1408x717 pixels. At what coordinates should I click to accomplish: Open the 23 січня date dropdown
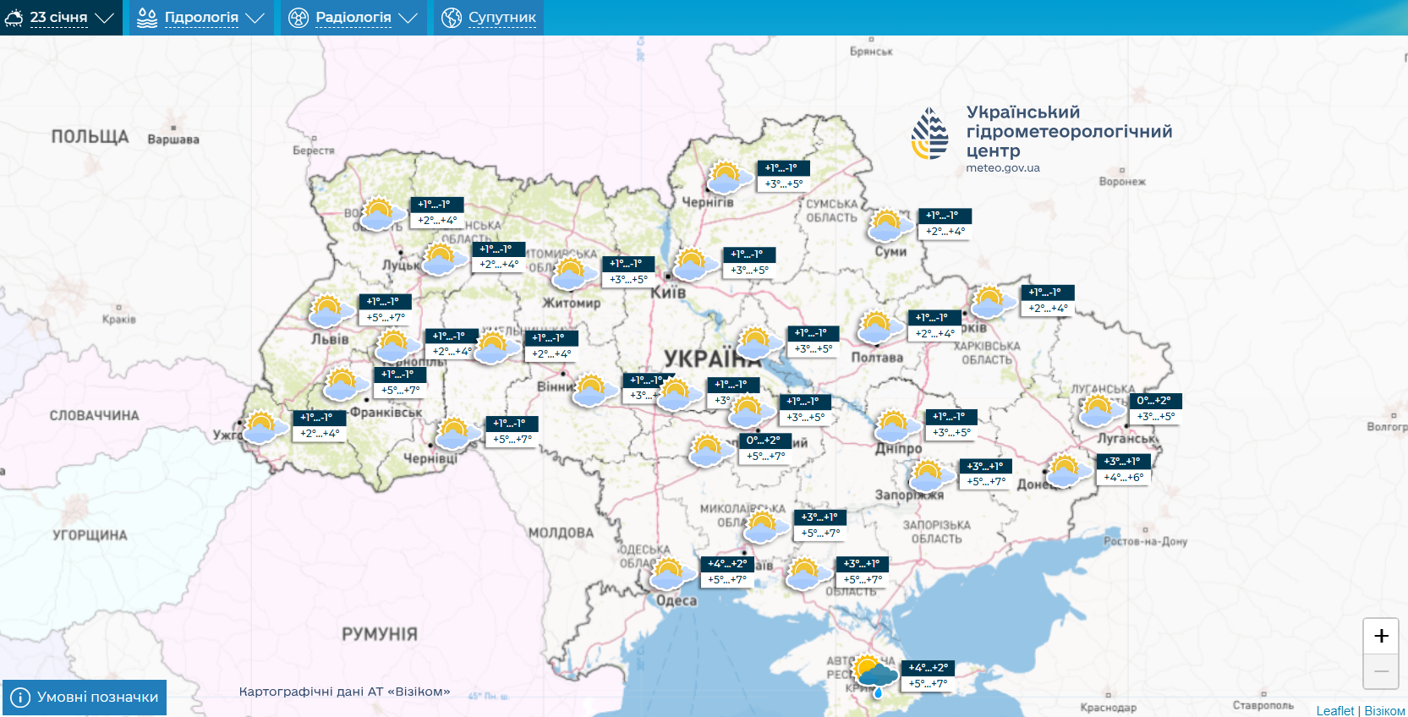[59, 18]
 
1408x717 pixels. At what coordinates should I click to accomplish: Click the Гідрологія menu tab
[200, 18]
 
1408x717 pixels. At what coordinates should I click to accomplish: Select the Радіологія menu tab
[353, 18]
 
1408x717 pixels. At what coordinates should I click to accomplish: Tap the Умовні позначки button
[85, 698]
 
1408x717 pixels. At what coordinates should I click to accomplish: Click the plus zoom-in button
[1381, 636]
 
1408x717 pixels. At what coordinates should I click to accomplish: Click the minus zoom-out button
[1381, 671]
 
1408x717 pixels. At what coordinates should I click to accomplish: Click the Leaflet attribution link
[1334, 710]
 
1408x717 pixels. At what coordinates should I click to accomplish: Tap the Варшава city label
[173, 140]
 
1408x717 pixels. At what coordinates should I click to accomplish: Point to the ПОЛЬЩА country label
[90, 137]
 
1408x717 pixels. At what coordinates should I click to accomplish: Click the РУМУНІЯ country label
[380, 634]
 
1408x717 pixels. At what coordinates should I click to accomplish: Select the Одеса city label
[677, 601]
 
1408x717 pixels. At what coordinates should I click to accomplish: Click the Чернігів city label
[708, 203]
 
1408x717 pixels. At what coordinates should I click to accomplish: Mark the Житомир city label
[572, 303]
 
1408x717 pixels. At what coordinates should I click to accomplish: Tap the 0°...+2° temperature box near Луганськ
[1153, 401]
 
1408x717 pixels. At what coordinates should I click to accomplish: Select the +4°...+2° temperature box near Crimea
[928, 668]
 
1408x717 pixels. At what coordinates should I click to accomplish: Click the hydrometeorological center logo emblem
[929, 134]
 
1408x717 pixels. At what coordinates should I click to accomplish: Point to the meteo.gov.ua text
[1003, 168]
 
